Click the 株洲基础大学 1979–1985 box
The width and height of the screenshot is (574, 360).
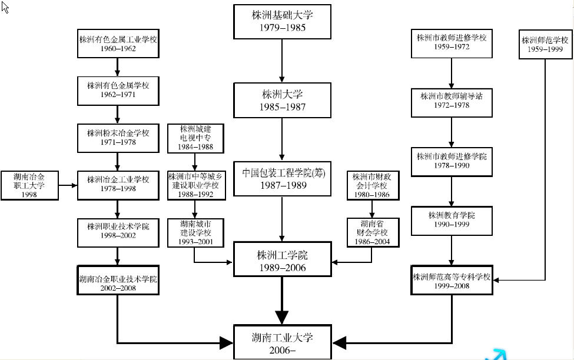click(x=282, y=22)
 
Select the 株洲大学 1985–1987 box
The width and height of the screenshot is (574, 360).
click(x=282, y=100)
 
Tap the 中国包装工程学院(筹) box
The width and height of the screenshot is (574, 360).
click(x=282, y=179)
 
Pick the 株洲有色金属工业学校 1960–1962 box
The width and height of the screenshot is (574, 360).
click(x=118, y=44)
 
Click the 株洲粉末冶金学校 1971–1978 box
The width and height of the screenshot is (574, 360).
click(x=118, y=138)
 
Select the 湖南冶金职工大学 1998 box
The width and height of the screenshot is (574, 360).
click(x=29, y=185)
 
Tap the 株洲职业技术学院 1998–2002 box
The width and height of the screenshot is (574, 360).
click(x=118, y=231)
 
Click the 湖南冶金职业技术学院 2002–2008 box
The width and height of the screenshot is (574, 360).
click(x=118, y=279)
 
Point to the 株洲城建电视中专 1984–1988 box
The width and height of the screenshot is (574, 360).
click(x=197, y=138)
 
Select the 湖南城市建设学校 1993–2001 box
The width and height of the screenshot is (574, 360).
click(x=195, y=232)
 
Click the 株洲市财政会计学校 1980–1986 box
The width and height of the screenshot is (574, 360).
click(x=371, y=185)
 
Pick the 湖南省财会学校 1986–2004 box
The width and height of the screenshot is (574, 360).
click(x=372, y=232)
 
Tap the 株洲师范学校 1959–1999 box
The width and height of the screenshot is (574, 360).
click(x=545, y=45)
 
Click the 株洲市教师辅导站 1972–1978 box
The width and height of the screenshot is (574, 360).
click(x=452, y=101)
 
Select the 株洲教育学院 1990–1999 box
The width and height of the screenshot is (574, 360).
click(x=452, y=220)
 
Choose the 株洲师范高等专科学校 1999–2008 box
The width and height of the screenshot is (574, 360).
click(x=452, y=280)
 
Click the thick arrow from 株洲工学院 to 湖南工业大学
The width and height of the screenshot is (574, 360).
click(x=282, y=300)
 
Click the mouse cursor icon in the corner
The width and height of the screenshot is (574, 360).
click(x=5, y=7)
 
